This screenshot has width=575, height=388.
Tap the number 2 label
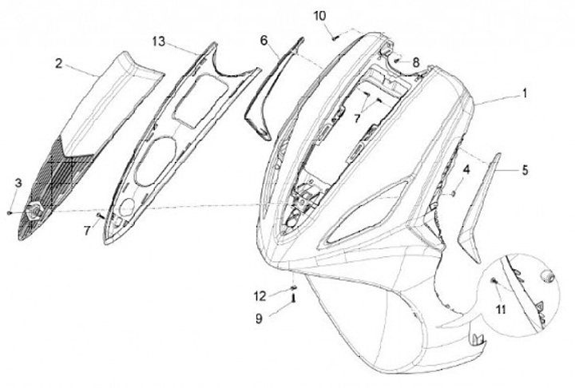pyautogui.click(x=58, y=61)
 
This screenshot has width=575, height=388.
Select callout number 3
pyautogui.click(x=18, y=184)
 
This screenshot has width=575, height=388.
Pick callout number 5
pyautogui.click(x=524, y=170)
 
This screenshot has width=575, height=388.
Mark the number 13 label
pyautogui.click(x=160, y=41)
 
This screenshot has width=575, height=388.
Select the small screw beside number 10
pyautogui.click(x=337, y=34)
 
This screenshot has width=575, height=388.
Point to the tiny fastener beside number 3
pyautogui.click(x=9, y=212)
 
